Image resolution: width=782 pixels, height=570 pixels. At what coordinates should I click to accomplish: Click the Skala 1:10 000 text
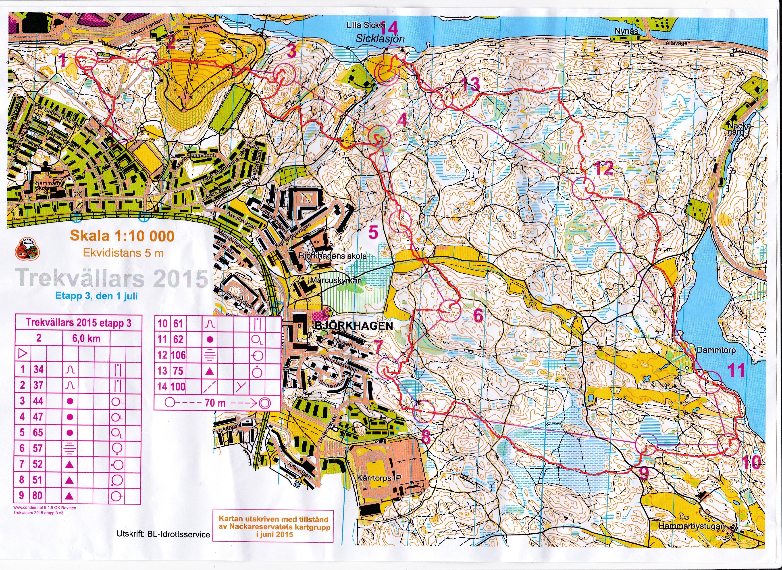[x=122, y=236]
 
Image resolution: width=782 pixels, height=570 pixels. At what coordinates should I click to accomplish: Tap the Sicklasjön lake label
[x=380, y=39]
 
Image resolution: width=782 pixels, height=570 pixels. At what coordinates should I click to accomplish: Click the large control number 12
[x=604, y=169]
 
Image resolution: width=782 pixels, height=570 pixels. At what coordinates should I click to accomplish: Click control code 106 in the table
[x=178, y=355]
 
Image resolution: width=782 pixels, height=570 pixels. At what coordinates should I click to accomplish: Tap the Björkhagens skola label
[x=333, y=256]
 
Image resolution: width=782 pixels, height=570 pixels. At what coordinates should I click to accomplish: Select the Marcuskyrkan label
[x=336, y=281]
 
